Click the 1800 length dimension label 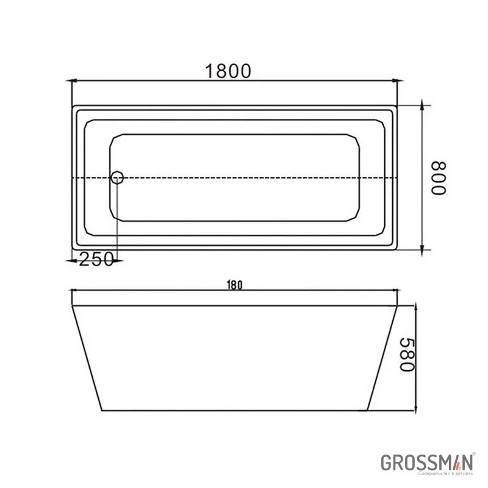[228, 71]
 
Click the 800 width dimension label [439, 178]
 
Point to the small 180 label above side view [235, 284]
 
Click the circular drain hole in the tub [117, 178]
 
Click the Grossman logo [427, 462]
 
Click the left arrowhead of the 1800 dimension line [76, 81]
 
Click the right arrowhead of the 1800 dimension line [393, 81]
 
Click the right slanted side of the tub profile [383, 357]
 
